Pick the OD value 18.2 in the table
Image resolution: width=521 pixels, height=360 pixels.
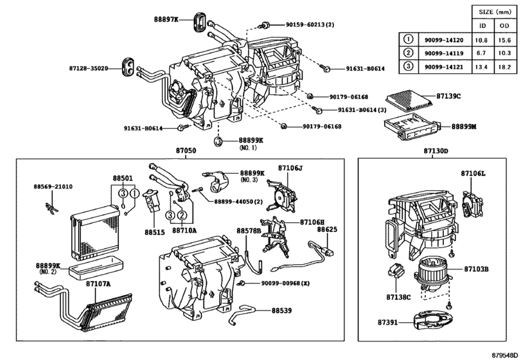point(504,66)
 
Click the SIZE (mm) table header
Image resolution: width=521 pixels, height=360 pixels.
point(493,12)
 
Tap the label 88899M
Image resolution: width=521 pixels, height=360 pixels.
point(463,127)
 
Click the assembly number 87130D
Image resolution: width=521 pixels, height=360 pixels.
point(436,151)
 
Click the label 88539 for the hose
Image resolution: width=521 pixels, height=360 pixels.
point(281,310)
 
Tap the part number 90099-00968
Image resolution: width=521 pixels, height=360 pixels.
point(283,283)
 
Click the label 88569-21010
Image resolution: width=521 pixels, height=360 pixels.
point(53,186)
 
